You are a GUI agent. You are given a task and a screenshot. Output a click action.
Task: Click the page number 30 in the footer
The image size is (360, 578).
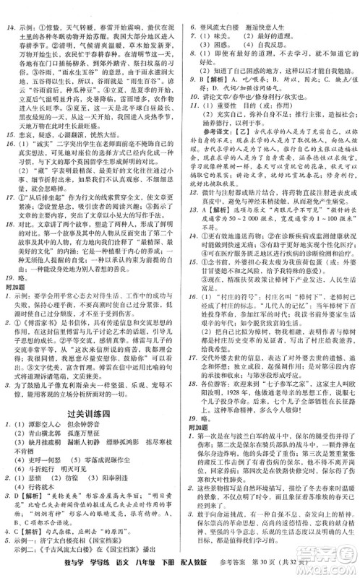(296, 563)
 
